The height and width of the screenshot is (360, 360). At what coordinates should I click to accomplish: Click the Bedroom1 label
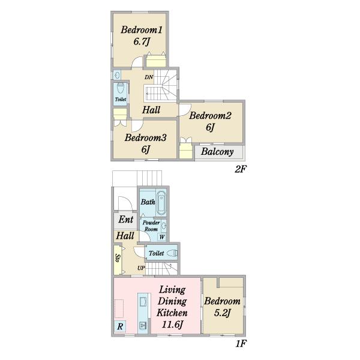[142, 30]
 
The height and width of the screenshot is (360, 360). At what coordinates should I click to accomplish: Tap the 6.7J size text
[142, 42]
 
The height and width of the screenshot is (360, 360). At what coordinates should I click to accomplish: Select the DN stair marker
[149, 77]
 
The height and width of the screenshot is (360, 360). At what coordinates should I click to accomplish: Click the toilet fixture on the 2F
[121, 88]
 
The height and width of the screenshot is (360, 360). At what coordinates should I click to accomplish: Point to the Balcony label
[217, 152]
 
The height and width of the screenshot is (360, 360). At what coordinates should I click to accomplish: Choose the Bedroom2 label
[210, 115]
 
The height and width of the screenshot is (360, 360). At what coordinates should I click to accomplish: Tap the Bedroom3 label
[146, 138]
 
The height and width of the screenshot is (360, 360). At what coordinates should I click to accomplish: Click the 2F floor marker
[240, 169]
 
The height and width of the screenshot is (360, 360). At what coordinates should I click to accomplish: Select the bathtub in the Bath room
[161, 203]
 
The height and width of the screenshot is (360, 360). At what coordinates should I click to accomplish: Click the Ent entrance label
[126, 220]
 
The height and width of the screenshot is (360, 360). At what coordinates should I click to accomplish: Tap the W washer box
[162, 237]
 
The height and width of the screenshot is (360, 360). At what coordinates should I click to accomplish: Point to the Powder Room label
[151, 226]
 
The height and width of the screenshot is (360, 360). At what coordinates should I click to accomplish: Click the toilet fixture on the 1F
[172, 253]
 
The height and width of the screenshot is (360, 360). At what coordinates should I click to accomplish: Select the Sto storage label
[118, 258]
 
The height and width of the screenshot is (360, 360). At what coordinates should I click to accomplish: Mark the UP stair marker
[141, 268]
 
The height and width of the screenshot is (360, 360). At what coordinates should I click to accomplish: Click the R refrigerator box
[120, 326]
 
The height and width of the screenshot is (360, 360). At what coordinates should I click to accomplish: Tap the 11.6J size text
[172, 325]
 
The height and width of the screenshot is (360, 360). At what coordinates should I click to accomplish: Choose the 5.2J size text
[222, 313]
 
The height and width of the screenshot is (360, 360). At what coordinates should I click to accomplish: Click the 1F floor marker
[241, 344]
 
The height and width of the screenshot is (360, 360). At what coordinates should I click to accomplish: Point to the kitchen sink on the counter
[143, 301]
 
